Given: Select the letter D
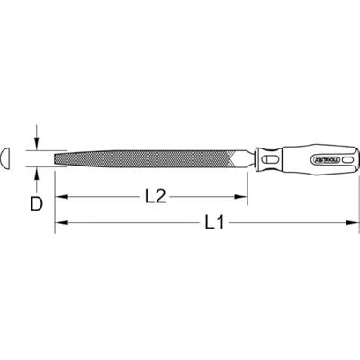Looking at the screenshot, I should [x=36, y=203].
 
